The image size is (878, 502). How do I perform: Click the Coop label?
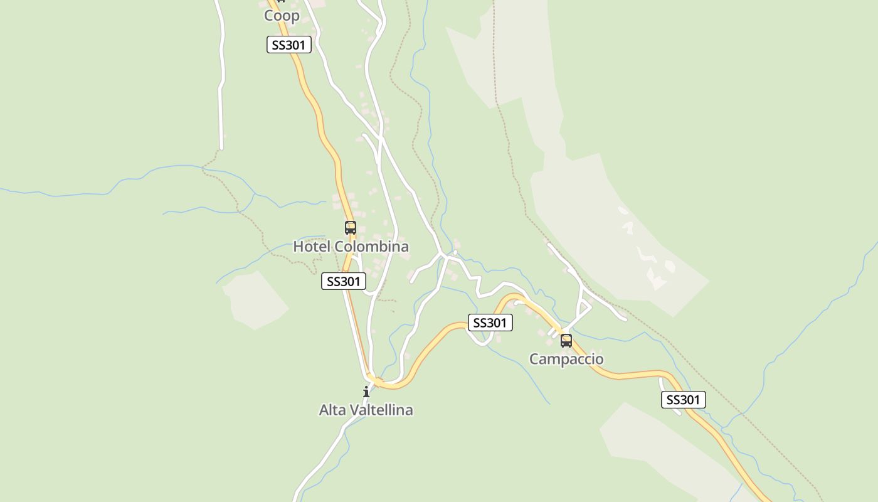point(282,16)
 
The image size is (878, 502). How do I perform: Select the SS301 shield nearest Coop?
point(288,45)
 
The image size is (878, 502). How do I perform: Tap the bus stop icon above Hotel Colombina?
point(350,228)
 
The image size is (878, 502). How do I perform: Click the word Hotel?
point(312,247)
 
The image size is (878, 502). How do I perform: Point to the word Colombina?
point(371,247)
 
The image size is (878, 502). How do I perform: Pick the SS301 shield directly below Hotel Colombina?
point(343,281)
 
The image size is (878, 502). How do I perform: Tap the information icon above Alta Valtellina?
point(366,392)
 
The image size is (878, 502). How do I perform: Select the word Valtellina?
point(381,410)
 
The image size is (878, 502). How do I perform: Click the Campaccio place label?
point(566,360)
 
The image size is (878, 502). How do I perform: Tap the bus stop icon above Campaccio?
point(566,341)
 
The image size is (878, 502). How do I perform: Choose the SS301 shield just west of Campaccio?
point(490,323)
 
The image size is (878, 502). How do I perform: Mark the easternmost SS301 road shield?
point(683,400)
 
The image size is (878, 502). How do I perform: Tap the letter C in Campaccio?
point(534,360)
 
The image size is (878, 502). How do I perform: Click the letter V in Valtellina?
point(355,410)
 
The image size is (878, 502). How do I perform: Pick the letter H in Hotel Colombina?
point(299,247)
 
